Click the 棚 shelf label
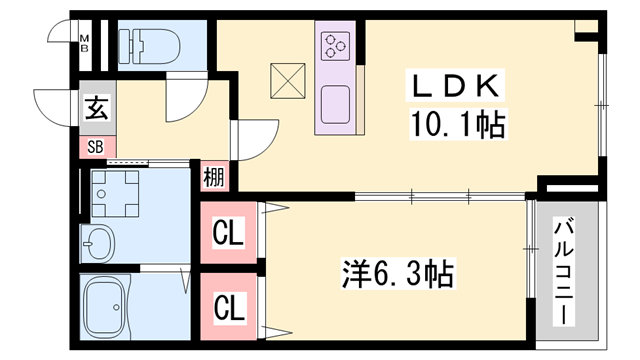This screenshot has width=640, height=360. [215, 178]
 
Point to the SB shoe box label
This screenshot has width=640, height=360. [95, 146]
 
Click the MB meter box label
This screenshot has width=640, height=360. [85, 40]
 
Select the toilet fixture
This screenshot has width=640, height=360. [148, 44]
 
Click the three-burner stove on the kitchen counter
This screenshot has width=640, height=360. [334, 46]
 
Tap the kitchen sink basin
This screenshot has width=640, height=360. [334, 101]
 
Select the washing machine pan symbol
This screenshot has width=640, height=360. [117, 194]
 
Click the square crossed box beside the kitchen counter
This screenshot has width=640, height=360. [287, 81]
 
